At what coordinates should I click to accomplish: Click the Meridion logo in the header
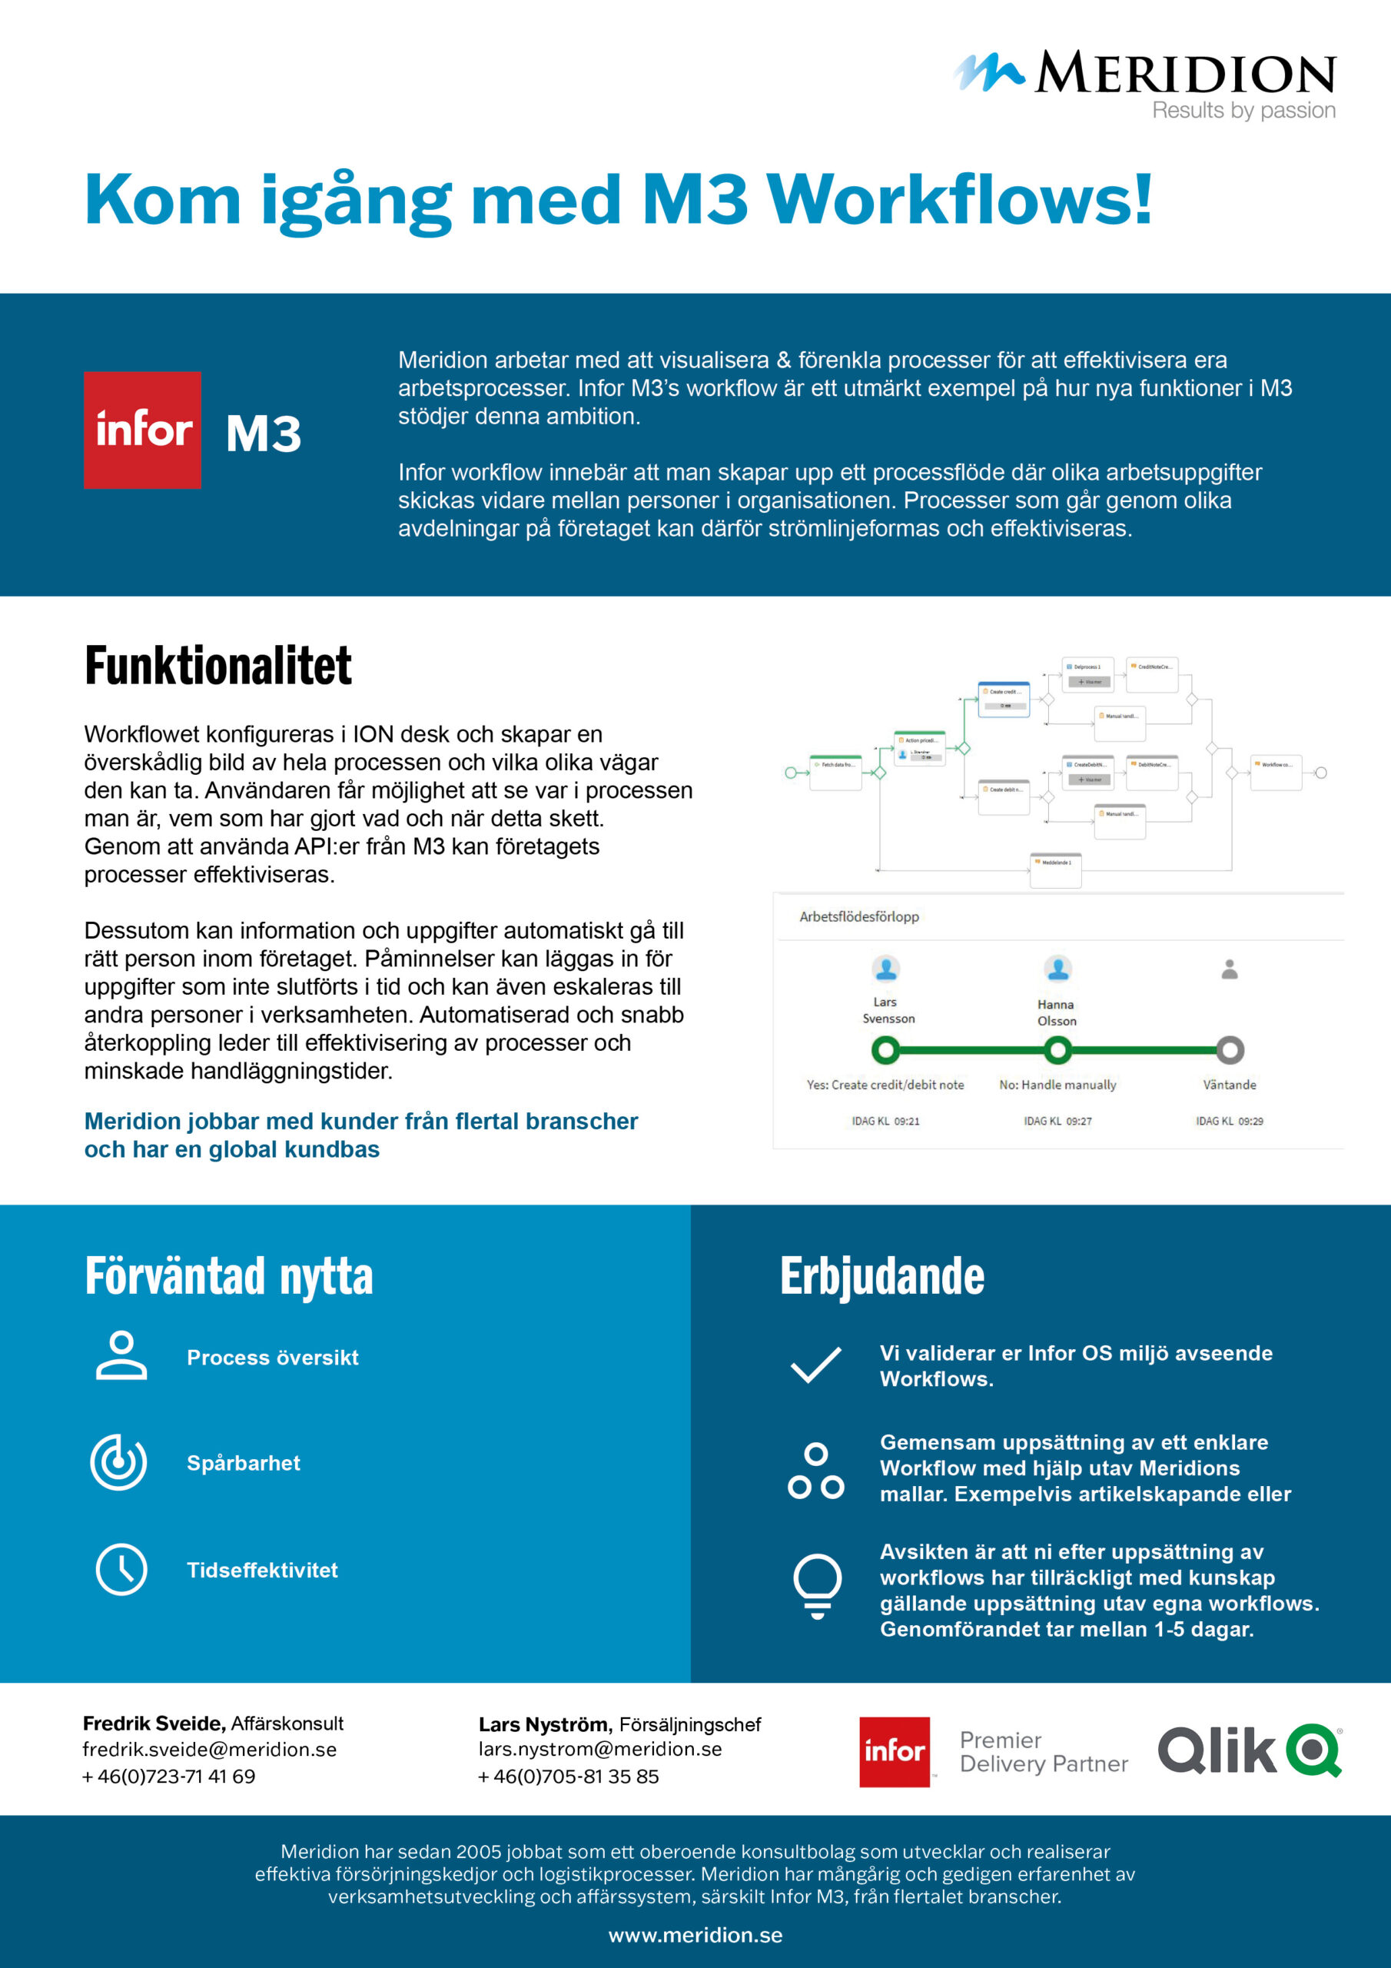click(1145, 82)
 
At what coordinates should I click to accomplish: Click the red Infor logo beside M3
click(142, 430)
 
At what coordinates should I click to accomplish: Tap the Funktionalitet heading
click(217, 666)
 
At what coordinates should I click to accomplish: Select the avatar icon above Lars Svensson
click(885, 969)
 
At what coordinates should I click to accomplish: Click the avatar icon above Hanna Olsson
click(1057, 969)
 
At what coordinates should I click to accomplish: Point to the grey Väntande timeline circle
click(1230, 1049)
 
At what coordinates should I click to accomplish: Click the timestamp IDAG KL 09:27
click(1057, 1121)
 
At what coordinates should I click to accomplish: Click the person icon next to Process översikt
click(121, 1356)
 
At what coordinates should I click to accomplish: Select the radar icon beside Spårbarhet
click(119, 1462)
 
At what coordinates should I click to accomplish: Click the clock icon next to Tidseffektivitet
click(121, 1570)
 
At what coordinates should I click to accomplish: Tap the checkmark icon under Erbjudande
click(815, 1365)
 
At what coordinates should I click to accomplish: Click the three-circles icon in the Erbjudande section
click(815, 1471)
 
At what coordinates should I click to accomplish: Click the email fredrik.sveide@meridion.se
click(210, 1750)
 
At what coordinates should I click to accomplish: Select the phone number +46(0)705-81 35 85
click(569, 1776)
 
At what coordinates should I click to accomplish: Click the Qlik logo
click(1249, 1750)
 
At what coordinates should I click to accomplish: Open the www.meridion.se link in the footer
click(695, 1935)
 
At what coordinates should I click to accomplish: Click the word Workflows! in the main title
click(960, 200)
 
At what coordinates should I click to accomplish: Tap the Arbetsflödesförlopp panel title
click(858, 916)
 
